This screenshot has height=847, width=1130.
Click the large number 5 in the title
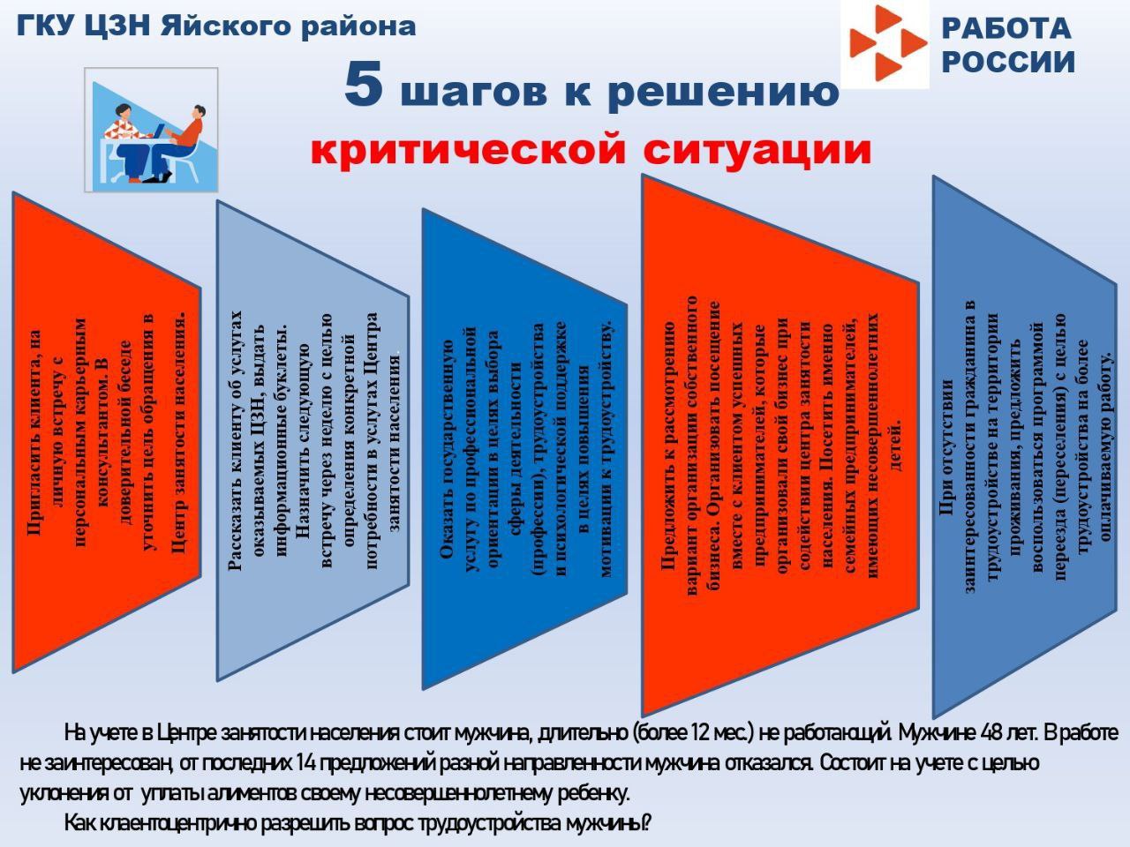click(x=364, y=86)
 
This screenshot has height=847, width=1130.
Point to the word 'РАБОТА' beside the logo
click(x=1006, y=29)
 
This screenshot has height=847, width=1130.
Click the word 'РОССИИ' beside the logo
click(x=1008, y=63)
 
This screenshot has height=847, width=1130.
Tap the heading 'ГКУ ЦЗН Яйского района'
click(x=216, y=26)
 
